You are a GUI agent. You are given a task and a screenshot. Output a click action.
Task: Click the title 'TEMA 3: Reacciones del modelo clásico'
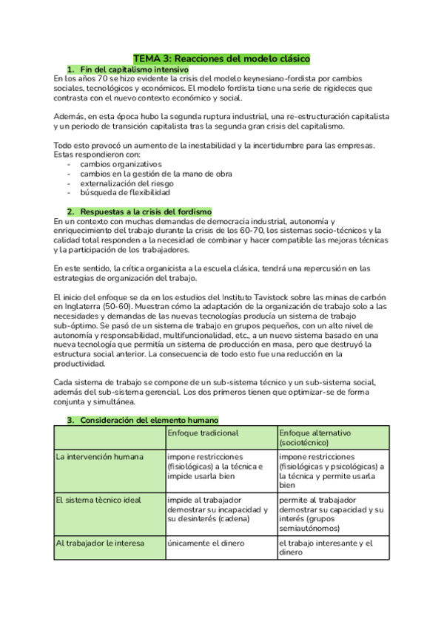tap(221, 58)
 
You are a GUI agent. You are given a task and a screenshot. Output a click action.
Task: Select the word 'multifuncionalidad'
tap(203, 335)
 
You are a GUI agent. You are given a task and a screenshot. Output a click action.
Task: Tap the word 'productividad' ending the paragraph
tap(84, 364)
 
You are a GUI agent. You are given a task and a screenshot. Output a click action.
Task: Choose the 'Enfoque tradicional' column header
tap(203, 433)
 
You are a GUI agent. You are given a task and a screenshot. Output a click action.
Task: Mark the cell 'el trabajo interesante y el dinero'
tap(326, 547)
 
